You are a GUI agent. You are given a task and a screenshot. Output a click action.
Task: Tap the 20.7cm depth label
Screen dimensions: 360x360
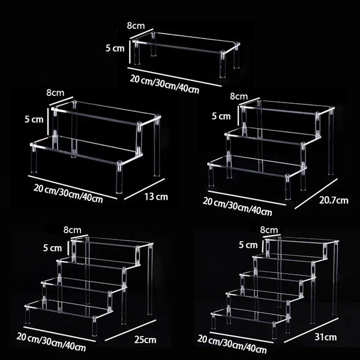pos(332,200)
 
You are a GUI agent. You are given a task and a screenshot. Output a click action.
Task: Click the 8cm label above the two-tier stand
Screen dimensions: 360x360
pos(55,92)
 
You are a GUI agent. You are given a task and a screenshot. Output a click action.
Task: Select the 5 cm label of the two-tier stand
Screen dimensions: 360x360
pos(34,119)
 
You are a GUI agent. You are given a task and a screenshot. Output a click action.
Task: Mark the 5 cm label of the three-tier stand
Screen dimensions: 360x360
pos(220,115)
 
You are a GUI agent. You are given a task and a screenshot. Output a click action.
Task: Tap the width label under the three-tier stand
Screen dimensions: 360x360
pos(238,206)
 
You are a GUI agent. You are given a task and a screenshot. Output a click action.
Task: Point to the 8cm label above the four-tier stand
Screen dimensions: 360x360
pos(73,229)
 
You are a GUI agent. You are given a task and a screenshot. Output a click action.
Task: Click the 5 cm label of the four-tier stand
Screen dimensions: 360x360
pos(53,247)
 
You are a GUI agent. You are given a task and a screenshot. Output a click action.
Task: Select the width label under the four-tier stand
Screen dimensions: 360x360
pos(52,341)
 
